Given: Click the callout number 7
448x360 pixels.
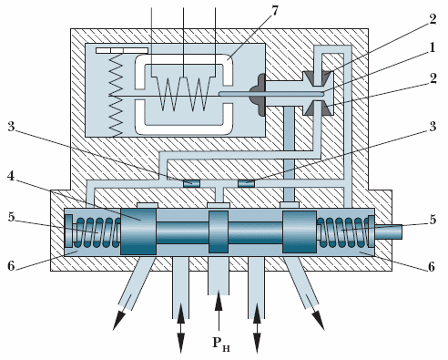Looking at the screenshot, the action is [274, 11].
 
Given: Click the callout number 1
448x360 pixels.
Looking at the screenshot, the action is [432, 47].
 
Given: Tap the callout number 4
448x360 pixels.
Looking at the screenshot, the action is [11, 176].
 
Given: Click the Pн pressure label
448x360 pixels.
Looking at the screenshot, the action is [221, 344].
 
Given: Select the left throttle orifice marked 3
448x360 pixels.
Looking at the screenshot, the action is [192, 183].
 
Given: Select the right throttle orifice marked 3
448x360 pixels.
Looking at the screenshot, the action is [247, 183].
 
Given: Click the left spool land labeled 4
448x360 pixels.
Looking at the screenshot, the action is [138, 231].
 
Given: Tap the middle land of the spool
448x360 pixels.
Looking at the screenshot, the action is [219, 231].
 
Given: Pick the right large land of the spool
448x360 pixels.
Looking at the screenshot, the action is [300, 231].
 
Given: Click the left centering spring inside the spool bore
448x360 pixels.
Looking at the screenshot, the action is [97, 232].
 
